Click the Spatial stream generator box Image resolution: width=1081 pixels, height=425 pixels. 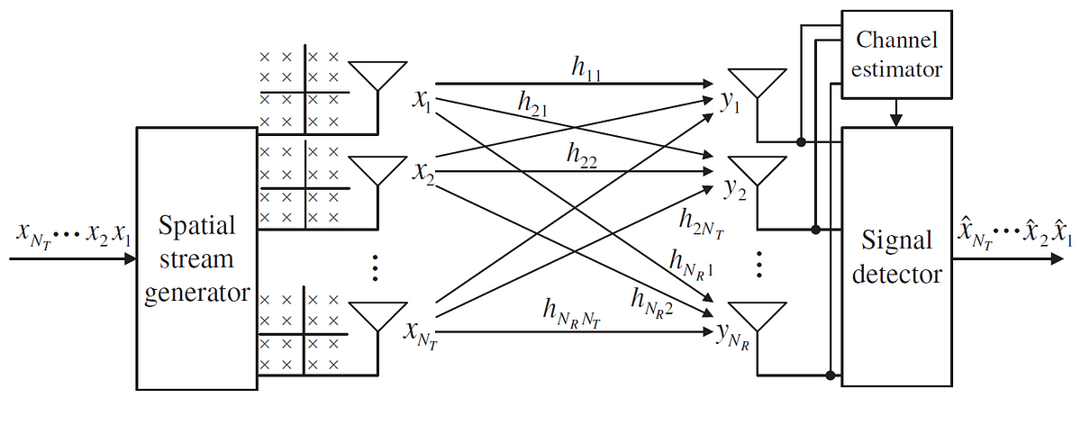[x=196, y=258]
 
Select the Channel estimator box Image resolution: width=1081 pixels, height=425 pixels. [x=897, y=54]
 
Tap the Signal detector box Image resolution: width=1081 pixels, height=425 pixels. [x=896, y=257]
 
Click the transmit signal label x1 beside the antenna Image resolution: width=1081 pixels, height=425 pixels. [x=421, y=100]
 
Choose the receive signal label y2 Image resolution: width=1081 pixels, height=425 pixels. [x=731, y=190]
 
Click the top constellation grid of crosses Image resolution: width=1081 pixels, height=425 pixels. [x=301, y=90]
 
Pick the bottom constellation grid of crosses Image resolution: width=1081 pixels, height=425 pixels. [x=301, y=332]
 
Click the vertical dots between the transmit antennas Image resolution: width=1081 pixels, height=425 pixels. [x=377, y=267]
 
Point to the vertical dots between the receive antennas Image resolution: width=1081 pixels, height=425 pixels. [x=759, y=265]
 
